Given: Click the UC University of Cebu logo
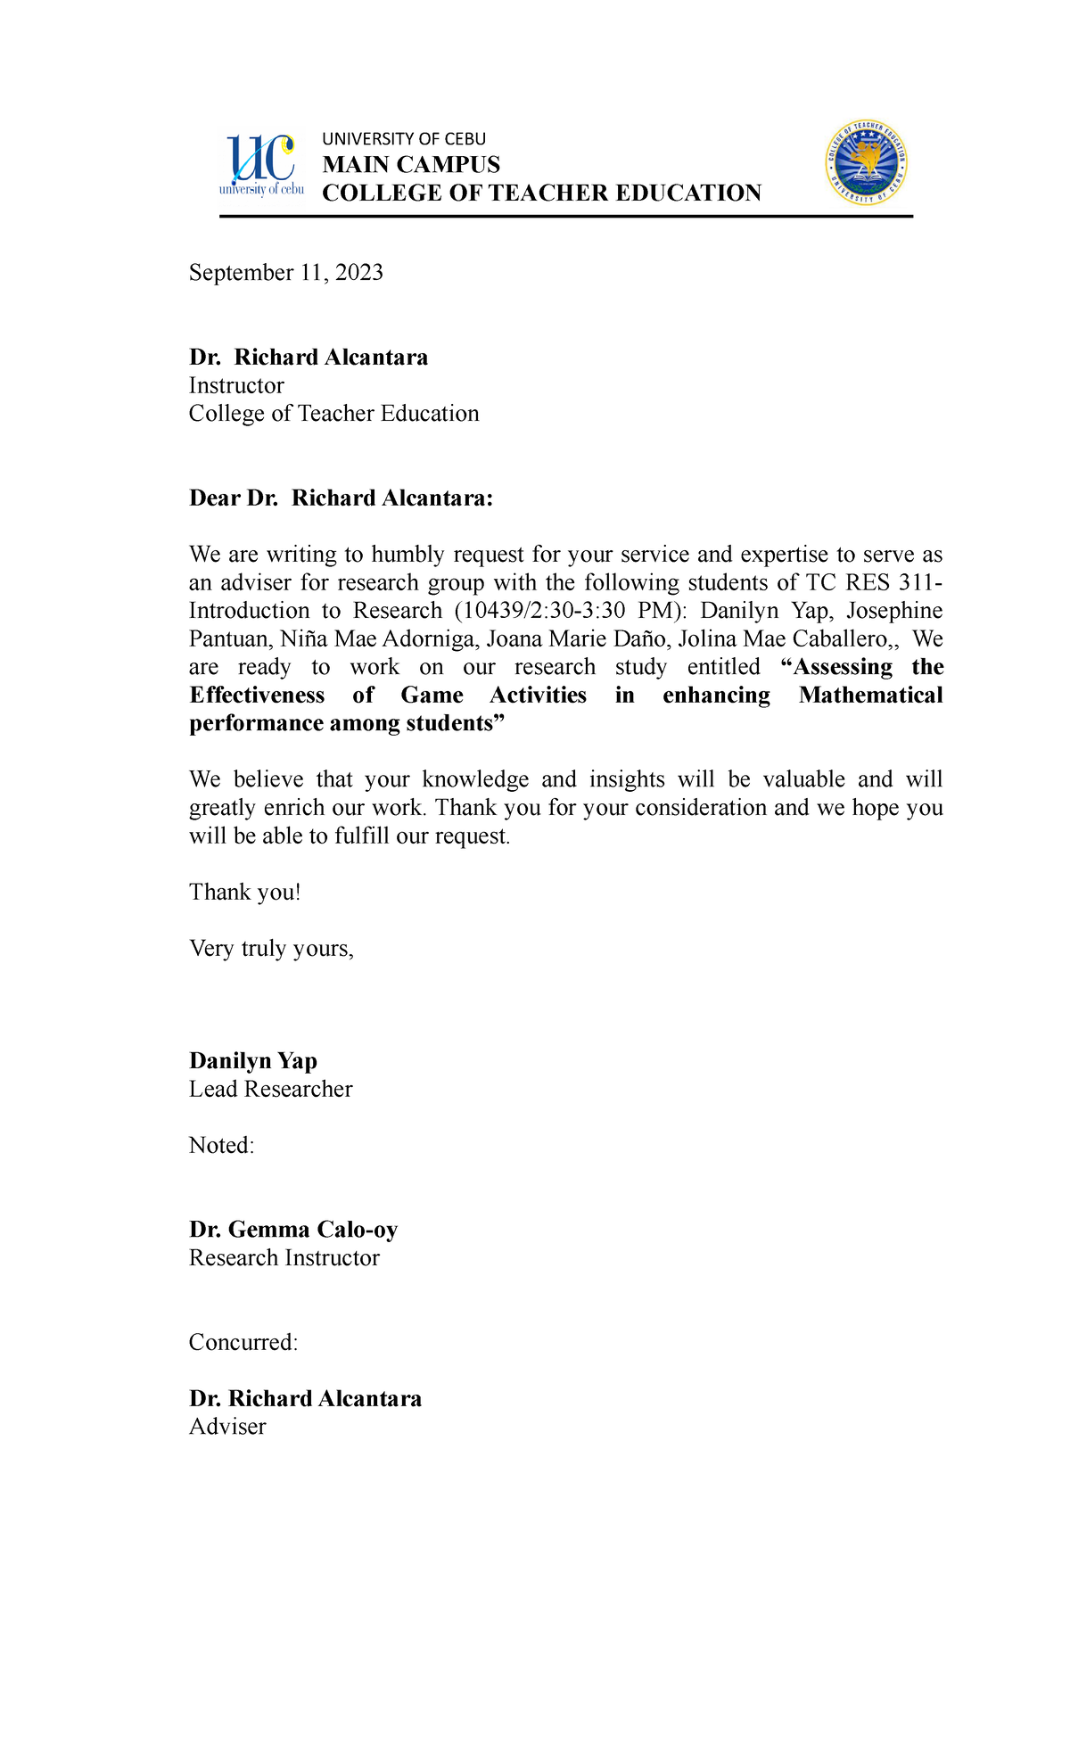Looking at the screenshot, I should [x=261, y=166].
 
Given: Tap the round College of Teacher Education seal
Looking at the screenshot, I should [x=866, y=163].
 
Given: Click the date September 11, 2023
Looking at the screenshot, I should [x=285, y=273].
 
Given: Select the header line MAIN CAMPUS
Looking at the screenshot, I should [x=411, y=165].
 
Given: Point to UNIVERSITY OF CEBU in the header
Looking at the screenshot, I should [x=404, y=139].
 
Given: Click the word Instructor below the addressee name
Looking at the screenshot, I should [x=236, y=386].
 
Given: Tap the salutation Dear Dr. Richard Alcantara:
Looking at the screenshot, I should [x=341, y=498].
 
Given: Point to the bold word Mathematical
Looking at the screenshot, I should [x=870, y=696].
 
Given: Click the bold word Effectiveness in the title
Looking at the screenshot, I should [x=257, y=696].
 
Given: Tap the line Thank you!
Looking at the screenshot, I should [x=244, y=893].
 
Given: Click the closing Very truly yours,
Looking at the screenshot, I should [x=271, y=949].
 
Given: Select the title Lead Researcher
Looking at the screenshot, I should [x=270, y=1090].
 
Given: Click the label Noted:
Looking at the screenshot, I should [x=221, y=1146].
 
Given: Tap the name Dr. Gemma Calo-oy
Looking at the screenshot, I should [x=292, y=1230].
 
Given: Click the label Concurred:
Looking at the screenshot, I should [x=243, y=1343].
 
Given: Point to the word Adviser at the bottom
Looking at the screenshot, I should [x=227, y=1427].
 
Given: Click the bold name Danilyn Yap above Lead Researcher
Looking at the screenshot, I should [x=253, y=1061].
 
